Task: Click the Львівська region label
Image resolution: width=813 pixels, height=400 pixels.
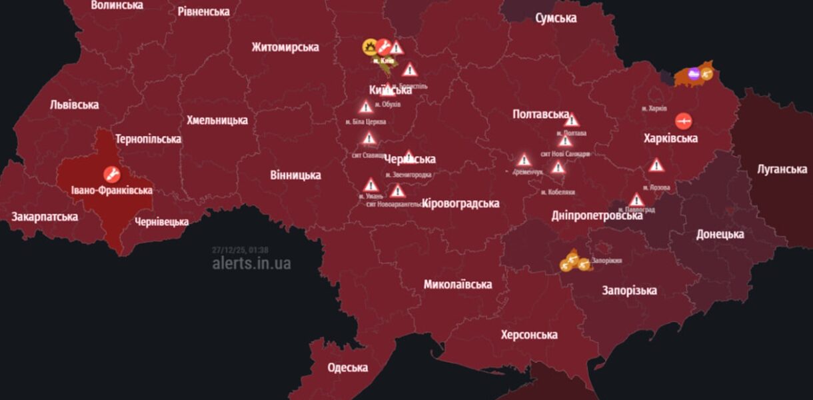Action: pyautogui.click(x=74, y=105)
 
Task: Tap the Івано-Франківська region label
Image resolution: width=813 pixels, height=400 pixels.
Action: pyautogui.click(x=112, y=190)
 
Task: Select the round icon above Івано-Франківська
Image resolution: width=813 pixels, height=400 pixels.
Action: pyautogui.click(x=112, y=175)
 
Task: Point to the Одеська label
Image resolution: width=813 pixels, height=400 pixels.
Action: pyautogui.click(x=348, y=367)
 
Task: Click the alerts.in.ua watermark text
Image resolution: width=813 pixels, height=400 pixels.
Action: pyautogui.click(x=251, y=263)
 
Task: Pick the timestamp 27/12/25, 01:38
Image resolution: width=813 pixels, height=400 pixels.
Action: pyautogui.click(x=241, y=250)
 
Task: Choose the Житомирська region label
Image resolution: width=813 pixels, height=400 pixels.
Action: pyautogui.click(x=285, y=47)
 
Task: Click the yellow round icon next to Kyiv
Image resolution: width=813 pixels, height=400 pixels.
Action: pyautogui.click(x=369, y=47)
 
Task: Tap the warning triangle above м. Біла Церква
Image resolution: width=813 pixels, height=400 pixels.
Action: pyautogui.click(x=365, y=107)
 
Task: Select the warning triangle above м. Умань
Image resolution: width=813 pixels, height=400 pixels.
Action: pyautogui.click(x=371, y=185)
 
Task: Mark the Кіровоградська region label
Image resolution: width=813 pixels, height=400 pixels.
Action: pyautogui.click(x=460, y=203)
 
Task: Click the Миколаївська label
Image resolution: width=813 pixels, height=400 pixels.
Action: pyautogui.click(x=458, y=284)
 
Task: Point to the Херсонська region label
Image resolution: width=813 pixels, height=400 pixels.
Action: pyautogui.click(x=529, y=335)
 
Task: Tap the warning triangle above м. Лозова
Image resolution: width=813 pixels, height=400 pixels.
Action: pyautogui.click(x=656, y=165)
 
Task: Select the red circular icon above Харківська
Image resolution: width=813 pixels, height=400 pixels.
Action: pyautogui.click(x=683, y=121)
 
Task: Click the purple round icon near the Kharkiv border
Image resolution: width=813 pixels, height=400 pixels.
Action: pyautogui.click(x=693, y=74)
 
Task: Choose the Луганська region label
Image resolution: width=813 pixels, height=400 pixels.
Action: pyautogui.click(x=782, y=169)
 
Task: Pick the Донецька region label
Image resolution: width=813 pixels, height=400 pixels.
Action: pyautogui.click(x=720, y=234)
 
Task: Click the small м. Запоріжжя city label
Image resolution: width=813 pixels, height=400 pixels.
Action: pyautogui.click(x=606, y=260)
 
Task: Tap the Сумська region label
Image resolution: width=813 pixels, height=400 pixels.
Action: pyautogui.click(x=556, y=18)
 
